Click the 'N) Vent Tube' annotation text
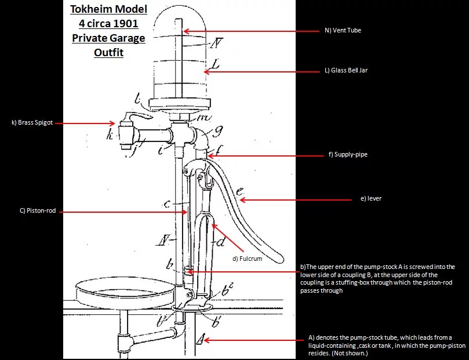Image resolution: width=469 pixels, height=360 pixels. [343, 30]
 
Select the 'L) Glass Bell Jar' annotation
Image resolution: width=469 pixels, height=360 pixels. [346, 70]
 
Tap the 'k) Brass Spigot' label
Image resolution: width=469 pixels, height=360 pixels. [32, 122]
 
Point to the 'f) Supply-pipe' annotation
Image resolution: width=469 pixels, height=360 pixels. [348, 155]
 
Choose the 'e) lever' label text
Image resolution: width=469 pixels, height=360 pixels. [371, 198]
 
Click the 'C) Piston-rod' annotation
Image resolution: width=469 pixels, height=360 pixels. [38, 210]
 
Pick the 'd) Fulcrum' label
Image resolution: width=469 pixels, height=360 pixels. [248, 259]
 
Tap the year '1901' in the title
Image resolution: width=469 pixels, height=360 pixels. [126, 23]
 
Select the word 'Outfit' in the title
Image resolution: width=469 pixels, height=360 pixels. [108, 52]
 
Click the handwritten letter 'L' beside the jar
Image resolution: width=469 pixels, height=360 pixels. [215, 65]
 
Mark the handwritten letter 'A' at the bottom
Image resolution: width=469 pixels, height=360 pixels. [201, 339]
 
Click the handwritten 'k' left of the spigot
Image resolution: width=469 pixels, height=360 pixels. [110, 136]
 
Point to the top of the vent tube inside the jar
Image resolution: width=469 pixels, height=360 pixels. [179, 20]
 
